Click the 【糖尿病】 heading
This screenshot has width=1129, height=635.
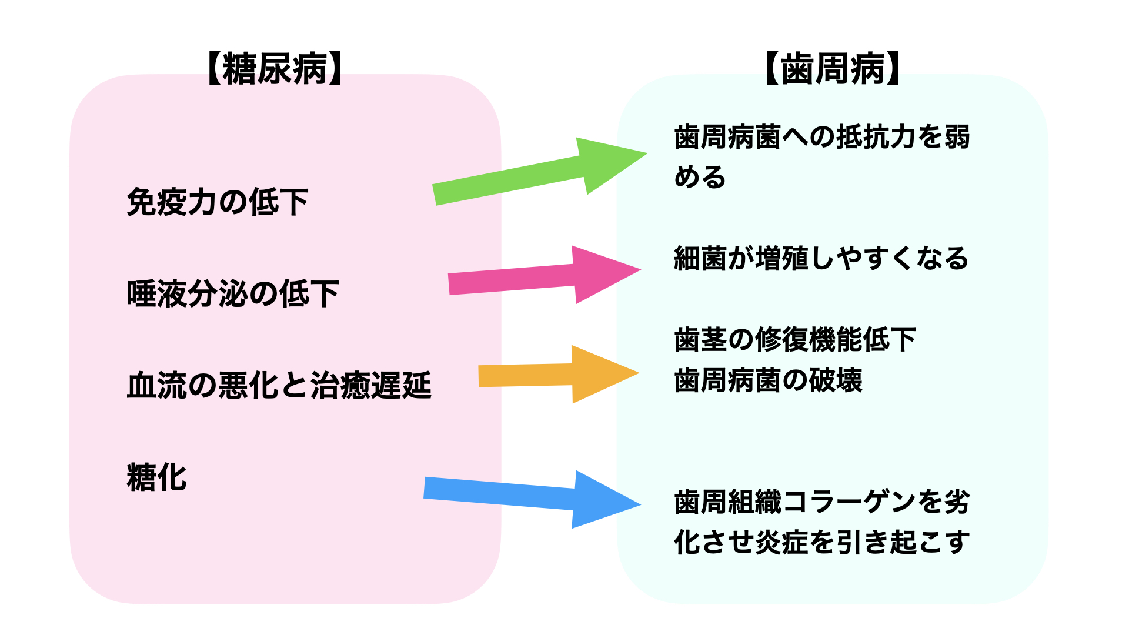[x=275, y=69]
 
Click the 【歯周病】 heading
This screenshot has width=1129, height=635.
[x=833, y=69]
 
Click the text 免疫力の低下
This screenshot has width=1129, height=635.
[x=218, y=202]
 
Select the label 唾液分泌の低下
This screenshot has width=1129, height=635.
[x=233, y=294]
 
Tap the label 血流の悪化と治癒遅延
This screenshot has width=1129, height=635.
[x=279, y=386]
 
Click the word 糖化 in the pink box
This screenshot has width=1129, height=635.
[x=157, y=477]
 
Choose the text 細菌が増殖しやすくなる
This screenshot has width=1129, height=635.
[x=821, y=259]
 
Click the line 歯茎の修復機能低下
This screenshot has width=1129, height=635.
[x=795, y=340]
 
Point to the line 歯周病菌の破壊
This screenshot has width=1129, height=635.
[x=768, y=380]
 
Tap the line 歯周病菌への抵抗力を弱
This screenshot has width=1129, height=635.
[x=821, y=137]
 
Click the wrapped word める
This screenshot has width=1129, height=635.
[x=700, y=177]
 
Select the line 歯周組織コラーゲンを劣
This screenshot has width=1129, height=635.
[x=821, y=502]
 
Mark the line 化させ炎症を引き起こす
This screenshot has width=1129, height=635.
[x=821, y=542]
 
